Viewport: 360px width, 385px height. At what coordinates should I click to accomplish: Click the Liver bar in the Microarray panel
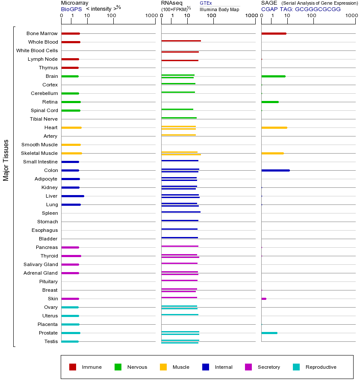tap(73, 196)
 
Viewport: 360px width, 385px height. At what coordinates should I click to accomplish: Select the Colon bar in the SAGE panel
tap(275, 170)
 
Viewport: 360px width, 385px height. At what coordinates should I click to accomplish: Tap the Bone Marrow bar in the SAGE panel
tap(274, 33)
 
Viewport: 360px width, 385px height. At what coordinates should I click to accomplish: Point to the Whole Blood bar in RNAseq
tap(181, 41)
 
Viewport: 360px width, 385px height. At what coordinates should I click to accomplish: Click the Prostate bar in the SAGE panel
tap(269, 333)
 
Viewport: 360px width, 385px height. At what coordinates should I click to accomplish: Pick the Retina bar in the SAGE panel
tap(270, 102)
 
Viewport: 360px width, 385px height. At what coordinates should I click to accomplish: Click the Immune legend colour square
tap(73, 367)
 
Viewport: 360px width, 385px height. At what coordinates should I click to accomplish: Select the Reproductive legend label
tap(321, 367)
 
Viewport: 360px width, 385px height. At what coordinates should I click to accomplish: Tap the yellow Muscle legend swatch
tap(163, 367)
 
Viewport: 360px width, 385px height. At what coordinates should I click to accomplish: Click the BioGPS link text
tap(70, 9)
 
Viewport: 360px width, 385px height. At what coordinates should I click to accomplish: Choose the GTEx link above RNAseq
tap(206, 3)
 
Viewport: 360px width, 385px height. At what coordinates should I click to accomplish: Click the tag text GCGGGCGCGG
tap(318, 9)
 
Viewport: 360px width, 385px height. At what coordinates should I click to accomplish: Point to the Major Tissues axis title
tap(6, 160)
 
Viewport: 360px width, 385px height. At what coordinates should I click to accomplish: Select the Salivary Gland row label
tap(41, 264)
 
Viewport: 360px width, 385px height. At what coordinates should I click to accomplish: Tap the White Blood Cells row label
tap(37, 50)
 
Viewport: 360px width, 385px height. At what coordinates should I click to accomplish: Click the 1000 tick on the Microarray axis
tap(150, 16)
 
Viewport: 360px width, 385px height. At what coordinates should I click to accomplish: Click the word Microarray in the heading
tap(74, 3)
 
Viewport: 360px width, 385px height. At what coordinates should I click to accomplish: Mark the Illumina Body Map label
tap(219, 9)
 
